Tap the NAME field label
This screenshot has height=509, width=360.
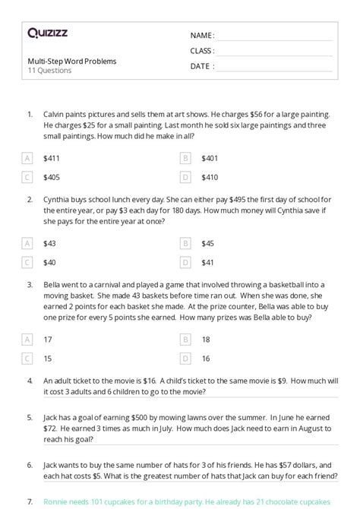[203, 36]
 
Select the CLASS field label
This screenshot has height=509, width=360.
[203, 51]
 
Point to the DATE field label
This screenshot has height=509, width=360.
[201, 66]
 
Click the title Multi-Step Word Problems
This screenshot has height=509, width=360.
[71, 61]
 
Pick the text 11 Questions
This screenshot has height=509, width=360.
[49, 71]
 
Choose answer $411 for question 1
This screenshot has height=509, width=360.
[52, 159]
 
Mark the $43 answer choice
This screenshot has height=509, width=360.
[50, 244]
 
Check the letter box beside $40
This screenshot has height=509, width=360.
[28, 262]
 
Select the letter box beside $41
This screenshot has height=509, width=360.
[185, 262]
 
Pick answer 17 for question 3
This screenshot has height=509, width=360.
[49, 340]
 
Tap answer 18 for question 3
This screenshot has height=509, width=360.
[206, 340]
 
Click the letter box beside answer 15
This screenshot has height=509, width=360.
[28, 358]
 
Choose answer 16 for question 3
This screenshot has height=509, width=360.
[206, 358]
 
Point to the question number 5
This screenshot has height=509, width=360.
[29, 417]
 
